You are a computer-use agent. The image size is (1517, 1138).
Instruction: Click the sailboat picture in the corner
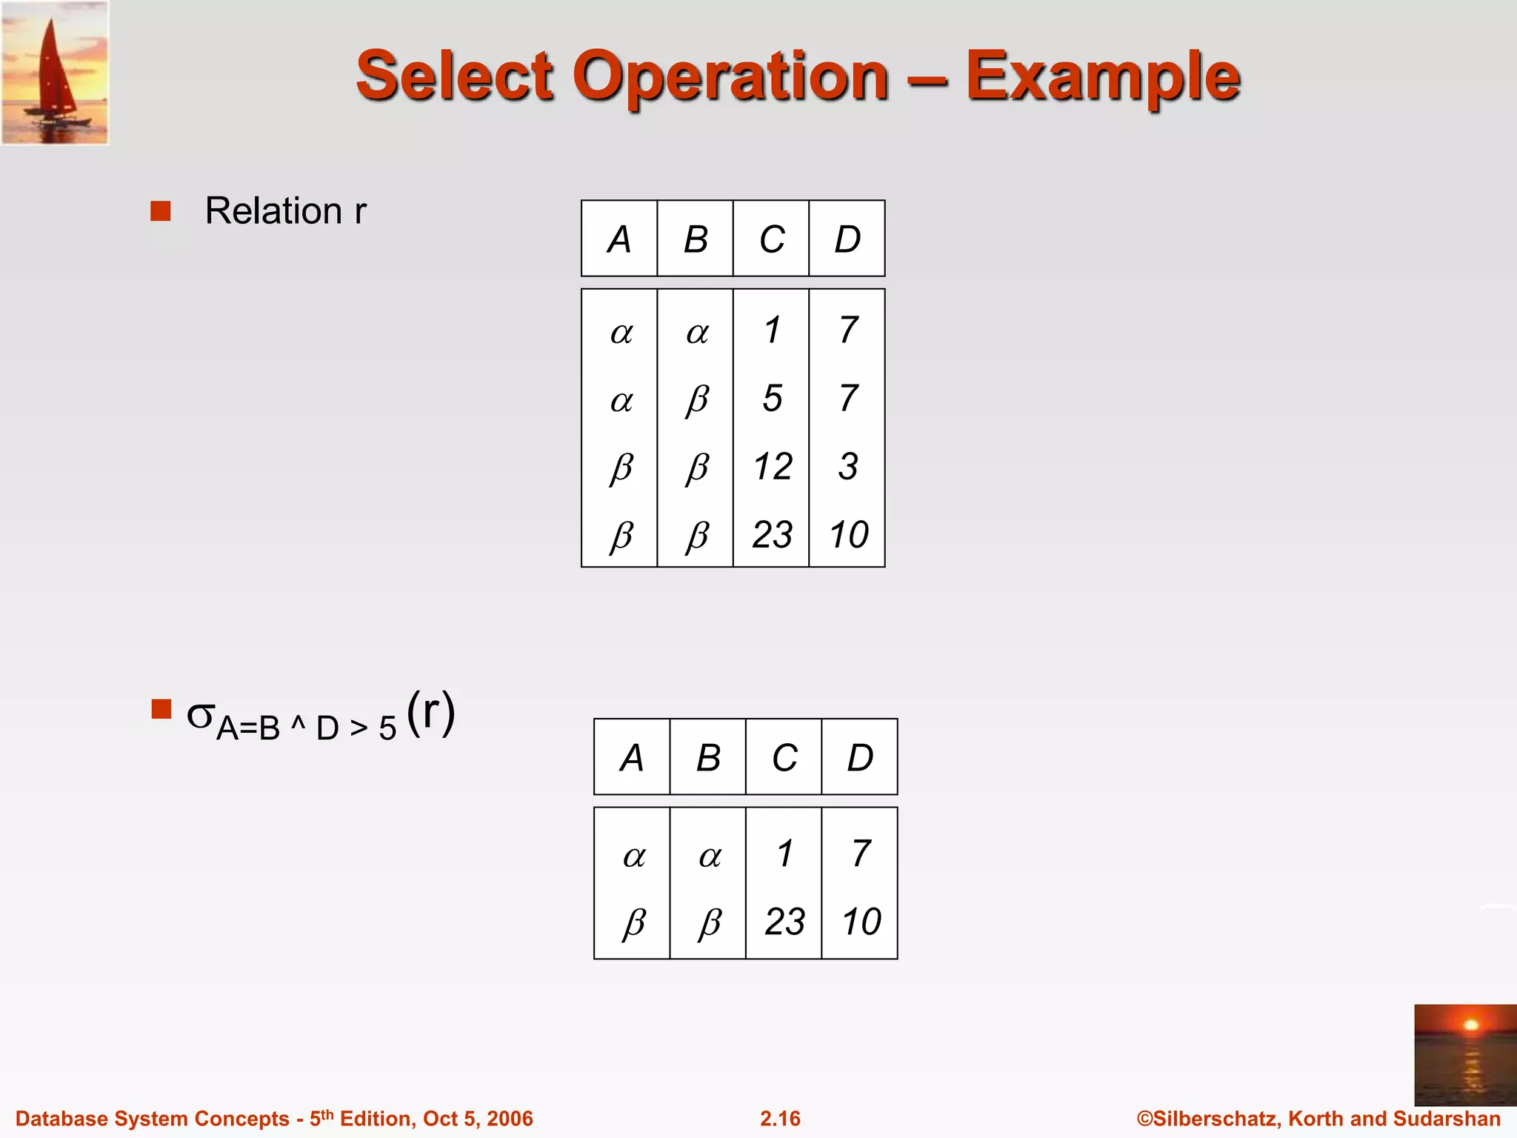coord(55,73)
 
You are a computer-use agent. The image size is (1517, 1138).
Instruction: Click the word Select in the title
coord(454,76)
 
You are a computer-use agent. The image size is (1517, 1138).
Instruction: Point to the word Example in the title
coord(1103,76)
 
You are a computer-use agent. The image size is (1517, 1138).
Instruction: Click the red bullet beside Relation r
coord(161,211)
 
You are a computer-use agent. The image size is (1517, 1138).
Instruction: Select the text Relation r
coord(285,211)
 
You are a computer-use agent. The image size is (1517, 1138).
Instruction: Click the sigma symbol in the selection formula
coord(201,715)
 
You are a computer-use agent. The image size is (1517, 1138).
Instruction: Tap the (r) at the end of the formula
coord(431,713)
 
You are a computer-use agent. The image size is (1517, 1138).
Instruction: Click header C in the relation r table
coord(772,239)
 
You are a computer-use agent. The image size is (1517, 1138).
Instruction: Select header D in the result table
coord(860,758)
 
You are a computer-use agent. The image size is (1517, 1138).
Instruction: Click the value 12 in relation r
coord(773,467)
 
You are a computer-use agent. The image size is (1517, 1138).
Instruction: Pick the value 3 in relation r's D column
coord(848,467)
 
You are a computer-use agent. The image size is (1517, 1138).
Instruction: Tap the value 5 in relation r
coord(773,399)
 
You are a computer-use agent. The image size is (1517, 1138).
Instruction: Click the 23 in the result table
coord(784,922)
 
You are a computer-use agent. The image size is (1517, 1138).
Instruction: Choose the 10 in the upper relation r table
coord(849,535)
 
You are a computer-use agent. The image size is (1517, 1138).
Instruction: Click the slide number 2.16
coord(780,1119)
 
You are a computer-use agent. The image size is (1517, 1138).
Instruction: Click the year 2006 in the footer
coord(510,1119)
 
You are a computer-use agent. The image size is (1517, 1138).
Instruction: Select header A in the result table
coord(632,758)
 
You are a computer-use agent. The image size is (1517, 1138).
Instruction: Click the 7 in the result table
coord(861,853)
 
